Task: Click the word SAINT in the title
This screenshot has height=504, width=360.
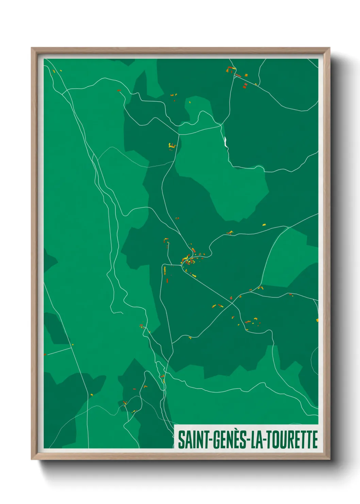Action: [193, 440]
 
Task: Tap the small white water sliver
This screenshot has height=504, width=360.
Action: [226, 141]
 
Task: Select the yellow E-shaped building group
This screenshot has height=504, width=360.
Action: [172, 146]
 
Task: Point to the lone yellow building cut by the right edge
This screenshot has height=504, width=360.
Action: [317, 320]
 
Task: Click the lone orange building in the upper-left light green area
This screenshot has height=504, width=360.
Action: [119, 91]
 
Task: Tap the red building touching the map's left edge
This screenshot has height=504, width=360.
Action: [45, 355]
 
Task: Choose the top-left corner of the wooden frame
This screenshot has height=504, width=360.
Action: [32, 48]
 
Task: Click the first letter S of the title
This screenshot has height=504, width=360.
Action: [181, 440]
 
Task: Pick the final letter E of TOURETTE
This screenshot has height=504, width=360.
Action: [315, 440]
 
